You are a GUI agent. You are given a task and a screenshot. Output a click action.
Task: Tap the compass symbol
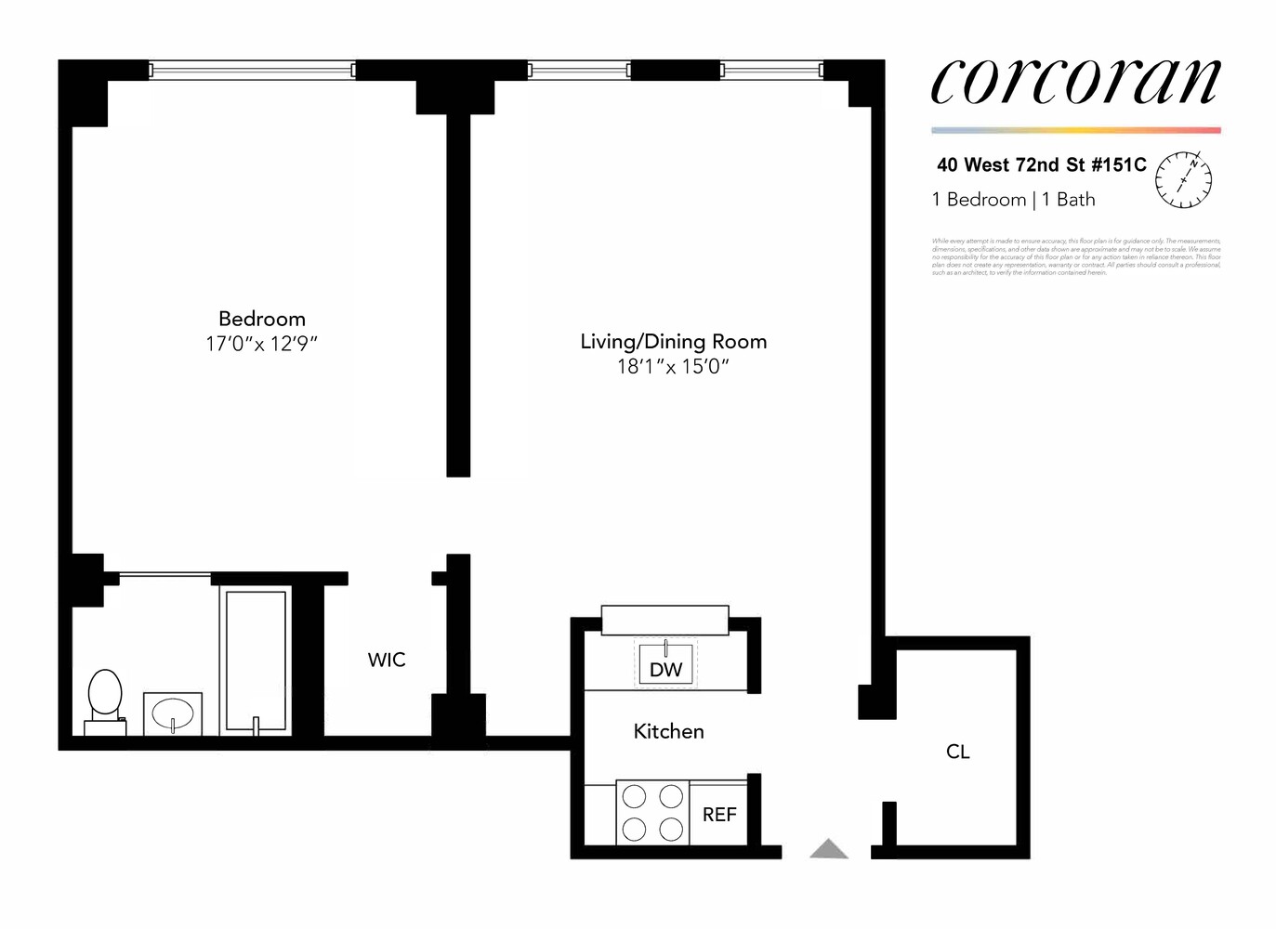tap(1183, 177)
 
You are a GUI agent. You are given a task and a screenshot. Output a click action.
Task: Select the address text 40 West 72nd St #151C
tap(1041, 165)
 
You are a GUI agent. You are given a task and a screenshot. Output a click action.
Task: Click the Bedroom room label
tap(262, 319)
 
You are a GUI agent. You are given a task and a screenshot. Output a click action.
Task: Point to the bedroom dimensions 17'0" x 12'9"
tap(262, 344)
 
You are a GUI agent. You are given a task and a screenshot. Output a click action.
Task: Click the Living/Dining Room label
tap(674, 341)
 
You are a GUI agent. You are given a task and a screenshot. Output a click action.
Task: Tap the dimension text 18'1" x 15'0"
tap(674, 367)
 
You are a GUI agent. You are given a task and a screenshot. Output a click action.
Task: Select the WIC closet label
tap(387, 660)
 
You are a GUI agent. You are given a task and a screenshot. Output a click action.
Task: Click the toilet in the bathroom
tap(105, 697)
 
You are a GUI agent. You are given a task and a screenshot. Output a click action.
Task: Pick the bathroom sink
tap(173, 714)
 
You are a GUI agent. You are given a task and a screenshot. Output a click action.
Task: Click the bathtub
tap(256, 660)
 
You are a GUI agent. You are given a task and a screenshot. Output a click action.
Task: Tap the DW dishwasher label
tap(665, 669)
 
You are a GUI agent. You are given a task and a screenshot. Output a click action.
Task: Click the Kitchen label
tap(668, 731)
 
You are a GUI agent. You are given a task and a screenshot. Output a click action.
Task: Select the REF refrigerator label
tap(719, 815)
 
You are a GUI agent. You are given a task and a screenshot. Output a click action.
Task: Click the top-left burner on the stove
tap(634, 797)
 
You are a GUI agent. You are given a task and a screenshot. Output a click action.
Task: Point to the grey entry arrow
tap(829, 849)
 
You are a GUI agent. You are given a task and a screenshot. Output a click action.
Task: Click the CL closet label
tap(958, 752)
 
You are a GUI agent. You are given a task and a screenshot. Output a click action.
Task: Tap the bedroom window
tap(252, 70)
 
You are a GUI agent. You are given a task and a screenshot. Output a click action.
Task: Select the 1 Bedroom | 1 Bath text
tap(1013, 200)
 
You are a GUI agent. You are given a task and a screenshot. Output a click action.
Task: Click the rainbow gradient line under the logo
tap(1075, 130)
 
